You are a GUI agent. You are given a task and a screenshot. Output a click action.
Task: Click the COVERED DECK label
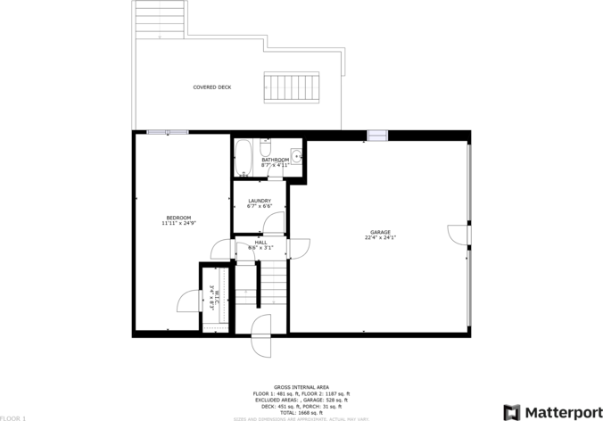tap(212, 87)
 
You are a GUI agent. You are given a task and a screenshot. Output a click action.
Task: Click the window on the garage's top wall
tap(377, 136)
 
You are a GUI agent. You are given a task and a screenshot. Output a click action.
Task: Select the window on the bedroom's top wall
tap(168, 132)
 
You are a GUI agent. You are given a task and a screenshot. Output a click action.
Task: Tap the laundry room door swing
tap(275, 224)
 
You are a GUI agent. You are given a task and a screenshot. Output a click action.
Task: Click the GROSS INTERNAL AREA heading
tap(300, 386)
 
